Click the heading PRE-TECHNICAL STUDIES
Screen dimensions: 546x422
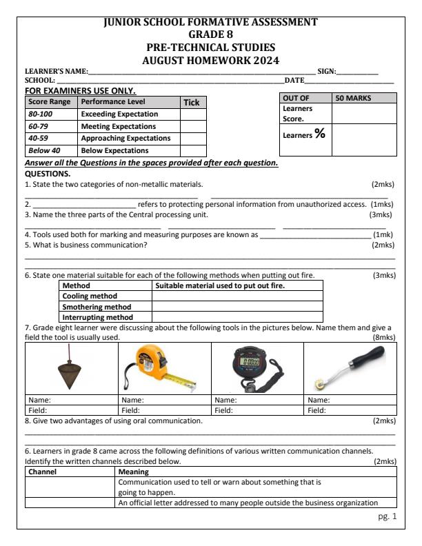[210, 48]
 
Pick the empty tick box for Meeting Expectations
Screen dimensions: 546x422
[193, 126]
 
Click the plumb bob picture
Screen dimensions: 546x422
[67, 368]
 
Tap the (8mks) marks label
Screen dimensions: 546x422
[383, 337]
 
